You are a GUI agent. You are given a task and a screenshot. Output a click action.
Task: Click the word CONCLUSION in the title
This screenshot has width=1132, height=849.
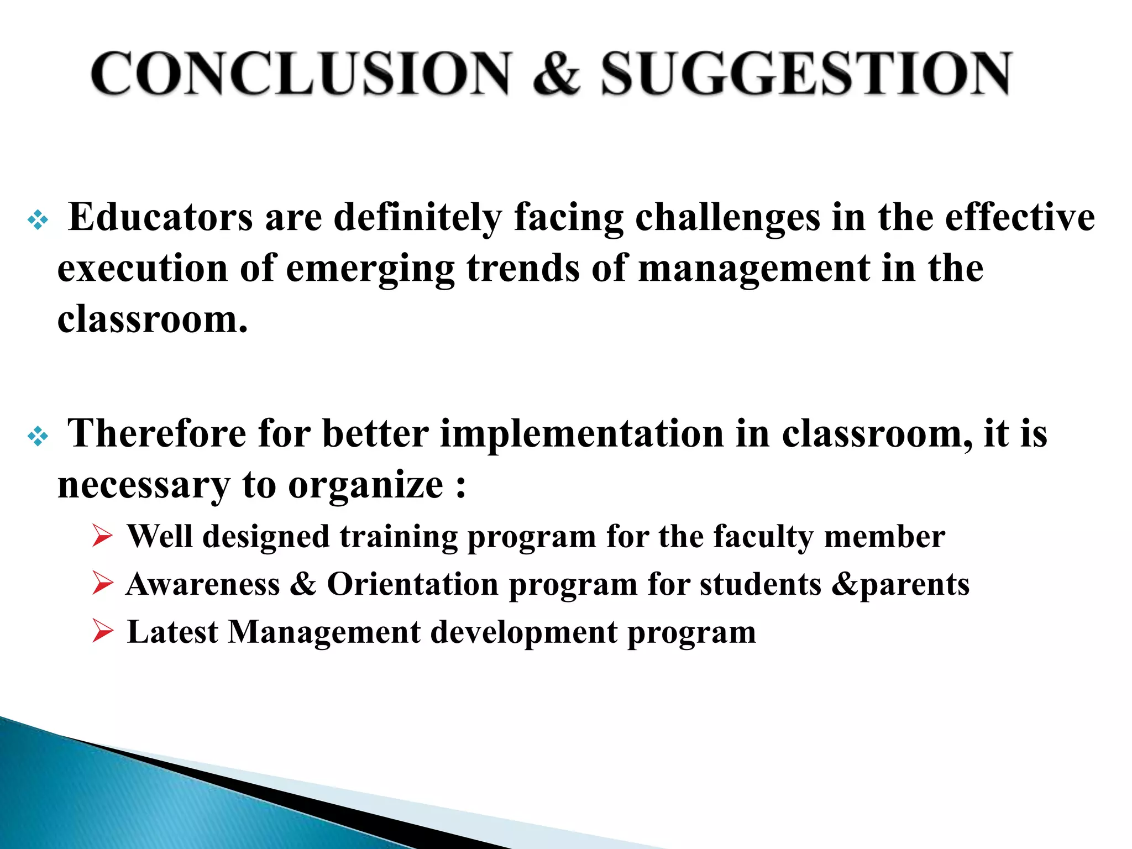[x=301, y=74]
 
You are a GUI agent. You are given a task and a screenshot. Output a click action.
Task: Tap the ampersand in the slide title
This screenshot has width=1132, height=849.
[x=557, y=74]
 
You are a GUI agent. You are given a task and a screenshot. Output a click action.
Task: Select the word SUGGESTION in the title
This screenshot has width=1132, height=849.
[x=806, y=74]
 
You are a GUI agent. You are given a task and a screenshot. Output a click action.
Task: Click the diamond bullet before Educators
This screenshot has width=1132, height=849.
[x=38, y=221]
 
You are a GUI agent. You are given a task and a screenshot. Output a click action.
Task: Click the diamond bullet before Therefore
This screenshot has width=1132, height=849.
[x=38, y=437]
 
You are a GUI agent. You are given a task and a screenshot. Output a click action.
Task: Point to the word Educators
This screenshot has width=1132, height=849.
[x=160, y=217]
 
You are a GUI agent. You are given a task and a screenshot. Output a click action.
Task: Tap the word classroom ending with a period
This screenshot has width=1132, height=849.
[x=152, y=319]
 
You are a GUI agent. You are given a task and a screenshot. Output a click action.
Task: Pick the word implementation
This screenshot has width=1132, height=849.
[x=581, y=434]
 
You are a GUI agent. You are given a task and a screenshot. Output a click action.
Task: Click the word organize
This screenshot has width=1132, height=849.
[x=365, y=485]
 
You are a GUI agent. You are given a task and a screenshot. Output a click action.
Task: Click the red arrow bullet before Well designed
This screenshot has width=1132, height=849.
[x=103, y=536]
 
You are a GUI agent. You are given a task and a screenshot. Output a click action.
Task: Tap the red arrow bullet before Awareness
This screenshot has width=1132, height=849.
[x=103, y=584]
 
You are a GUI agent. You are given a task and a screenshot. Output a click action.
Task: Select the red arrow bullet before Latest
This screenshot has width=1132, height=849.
[x=103, y=631]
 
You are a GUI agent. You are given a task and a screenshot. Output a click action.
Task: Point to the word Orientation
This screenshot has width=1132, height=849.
[x=413, y=584]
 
